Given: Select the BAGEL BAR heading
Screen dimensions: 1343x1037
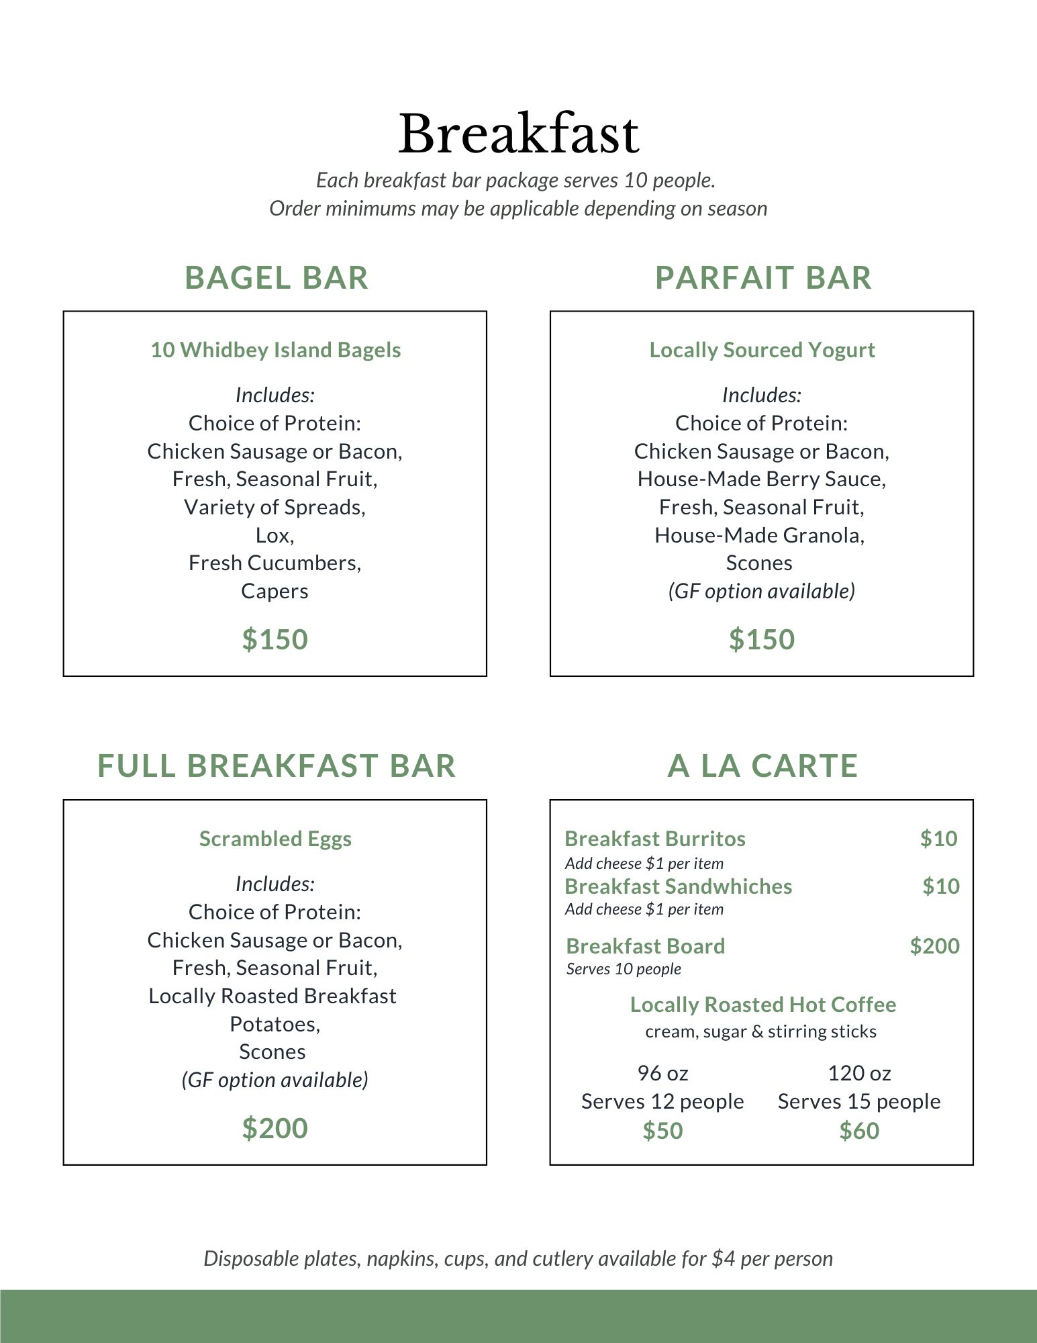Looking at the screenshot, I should (x=276, y=278).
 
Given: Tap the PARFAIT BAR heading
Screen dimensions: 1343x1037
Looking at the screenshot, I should (x=763, y=278).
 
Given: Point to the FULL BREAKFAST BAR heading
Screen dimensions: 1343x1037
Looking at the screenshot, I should (x=276, y=766).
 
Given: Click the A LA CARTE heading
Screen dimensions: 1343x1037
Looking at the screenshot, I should (x=762, y=766).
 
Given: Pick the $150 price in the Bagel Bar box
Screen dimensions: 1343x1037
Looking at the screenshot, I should (x=275, y=639).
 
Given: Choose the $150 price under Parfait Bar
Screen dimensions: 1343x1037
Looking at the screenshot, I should (x=762, y=639).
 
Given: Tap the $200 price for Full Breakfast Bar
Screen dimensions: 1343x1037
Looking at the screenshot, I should (x=275, y=1128).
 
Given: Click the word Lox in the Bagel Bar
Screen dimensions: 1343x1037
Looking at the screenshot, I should (x=275, y=535).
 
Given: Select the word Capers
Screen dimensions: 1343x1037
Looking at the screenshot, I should (x=275, y=591).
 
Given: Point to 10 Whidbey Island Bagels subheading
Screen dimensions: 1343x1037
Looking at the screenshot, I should (x=275, y=350).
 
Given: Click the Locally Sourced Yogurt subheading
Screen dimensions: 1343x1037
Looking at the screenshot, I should (x=762, y=350).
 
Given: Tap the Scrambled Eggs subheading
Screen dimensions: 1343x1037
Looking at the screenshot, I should (x=275, y=839).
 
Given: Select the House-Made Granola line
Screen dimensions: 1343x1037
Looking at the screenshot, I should (x=759, y=535).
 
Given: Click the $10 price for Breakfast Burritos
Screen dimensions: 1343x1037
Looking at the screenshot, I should (x=938, y=839).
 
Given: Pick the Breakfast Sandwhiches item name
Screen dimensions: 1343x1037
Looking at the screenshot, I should (x=678, y=886).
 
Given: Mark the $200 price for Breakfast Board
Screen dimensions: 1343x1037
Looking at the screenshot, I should (x=934, y=946).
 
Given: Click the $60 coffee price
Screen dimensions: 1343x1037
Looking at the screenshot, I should (x=859, y=1131).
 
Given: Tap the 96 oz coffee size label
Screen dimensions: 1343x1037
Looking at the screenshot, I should (x=662, y=1073).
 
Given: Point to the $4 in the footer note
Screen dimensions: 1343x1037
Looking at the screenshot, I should (x=724, y=1258).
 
